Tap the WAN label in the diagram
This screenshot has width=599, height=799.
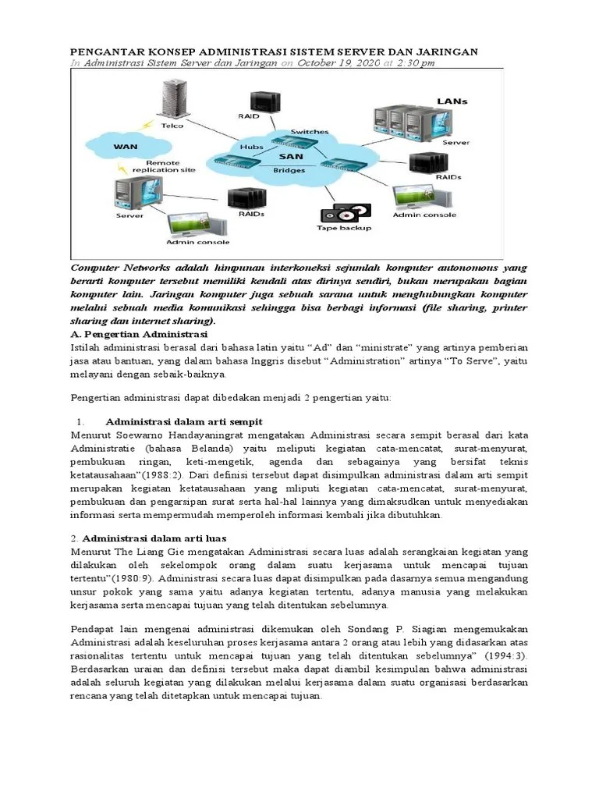click(x=126, y=145)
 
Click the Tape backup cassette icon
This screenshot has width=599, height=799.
click(x=342, y=213)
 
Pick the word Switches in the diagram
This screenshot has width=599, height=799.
click(x=310, y=132)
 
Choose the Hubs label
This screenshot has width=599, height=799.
click(x=253, y=146)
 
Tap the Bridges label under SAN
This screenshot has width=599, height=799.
click(x=290, y=169)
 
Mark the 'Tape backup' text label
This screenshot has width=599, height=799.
click(x=344, y=229)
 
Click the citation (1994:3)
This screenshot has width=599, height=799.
click(x=507, y=656)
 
